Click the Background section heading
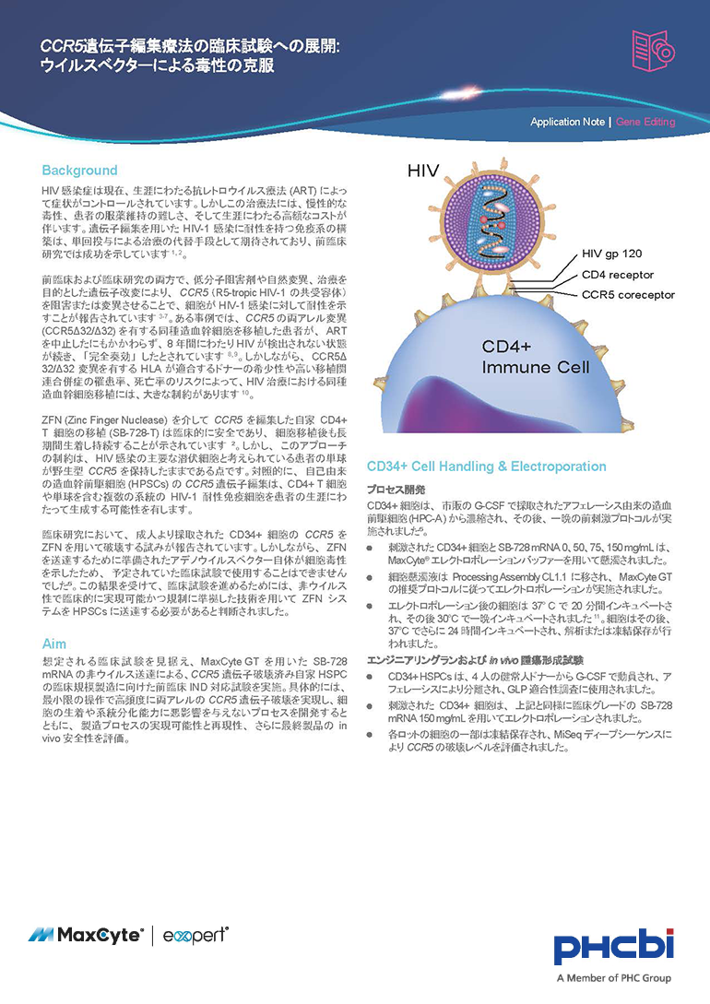[x=79, y=171]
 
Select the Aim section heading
[x=54, y=643]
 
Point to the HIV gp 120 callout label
[x=618, y=253]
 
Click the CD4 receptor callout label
[x=619, y=274]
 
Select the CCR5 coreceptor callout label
[x=628, y=295]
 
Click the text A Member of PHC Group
[x=614, y=978]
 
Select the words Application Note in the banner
[x=567, y=122]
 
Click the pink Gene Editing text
[x=645, y=122]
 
